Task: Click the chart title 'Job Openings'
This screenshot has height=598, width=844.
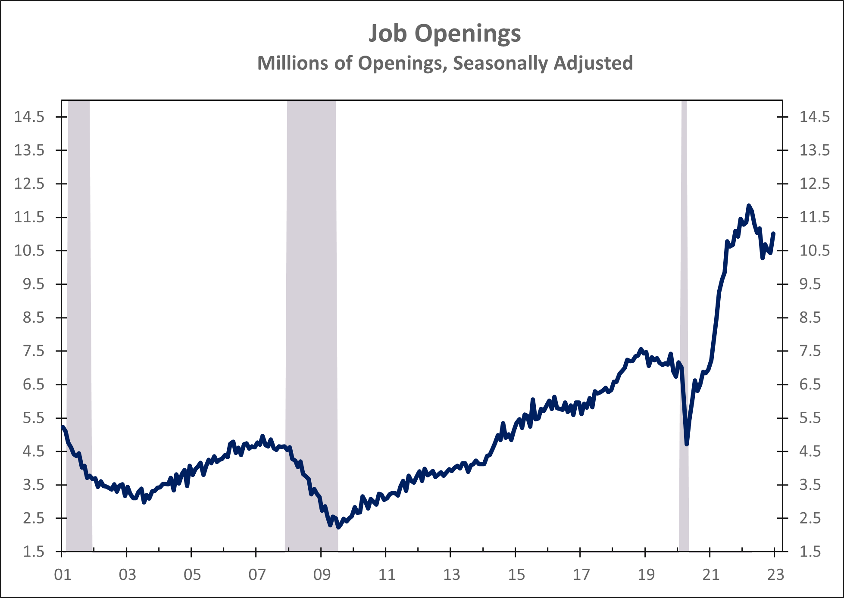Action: coord(444,33)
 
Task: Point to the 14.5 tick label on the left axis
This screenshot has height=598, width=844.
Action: coord(29,117)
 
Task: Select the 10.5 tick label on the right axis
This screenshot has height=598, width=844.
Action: coord(814,250)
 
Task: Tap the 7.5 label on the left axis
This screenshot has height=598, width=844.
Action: coord(34,351)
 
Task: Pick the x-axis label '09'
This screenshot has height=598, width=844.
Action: coord(322,575)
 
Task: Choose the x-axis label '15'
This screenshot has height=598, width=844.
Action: coord(516,575)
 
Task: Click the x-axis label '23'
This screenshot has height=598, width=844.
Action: coord(775,575)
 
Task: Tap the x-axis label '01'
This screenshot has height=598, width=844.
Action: coord(63,575)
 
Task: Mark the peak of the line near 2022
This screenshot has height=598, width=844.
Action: coord(748,206)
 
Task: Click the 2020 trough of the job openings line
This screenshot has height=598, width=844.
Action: coord(687,444)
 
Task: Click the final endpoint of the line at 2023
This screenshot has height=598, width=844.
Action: coord(774,234)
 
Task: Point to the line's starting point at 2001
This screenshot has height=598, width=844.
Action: coord(63,427)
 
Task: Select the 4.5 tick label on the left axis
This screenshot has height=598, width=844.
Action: coord(34,452)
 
